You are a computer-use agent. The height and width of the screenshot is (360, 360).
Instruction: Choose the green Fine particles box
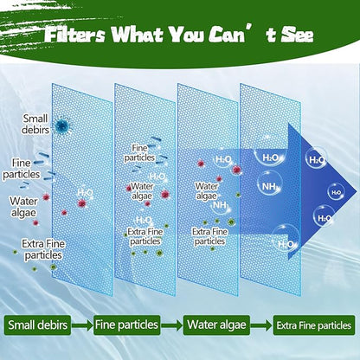point(126,325)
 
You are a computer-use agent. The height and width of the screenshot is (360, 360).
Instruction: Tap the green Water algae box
point(215,325)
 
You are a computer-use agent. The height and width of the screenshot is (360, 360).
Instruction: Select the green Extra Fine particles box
point(314,325)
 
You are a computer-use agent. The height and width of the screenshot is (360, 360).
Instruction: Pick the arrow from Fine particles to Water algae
point(172,325)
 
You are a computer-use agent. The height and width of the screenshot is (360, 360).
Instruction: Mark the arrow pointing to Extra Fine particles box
point(260,325)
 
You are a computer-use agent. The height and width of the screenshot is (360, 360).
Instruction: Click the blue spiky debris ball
point(61,126)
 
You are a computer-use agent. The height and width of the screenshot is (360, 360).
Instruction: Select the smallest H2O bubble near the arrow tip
point(331,184)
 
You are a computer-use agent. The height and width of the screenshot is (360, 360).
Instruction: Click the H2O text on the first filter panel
point(86,193)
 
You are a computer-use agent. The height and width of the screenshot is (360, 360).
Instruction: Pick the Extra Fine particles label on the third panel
point(210,235)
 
